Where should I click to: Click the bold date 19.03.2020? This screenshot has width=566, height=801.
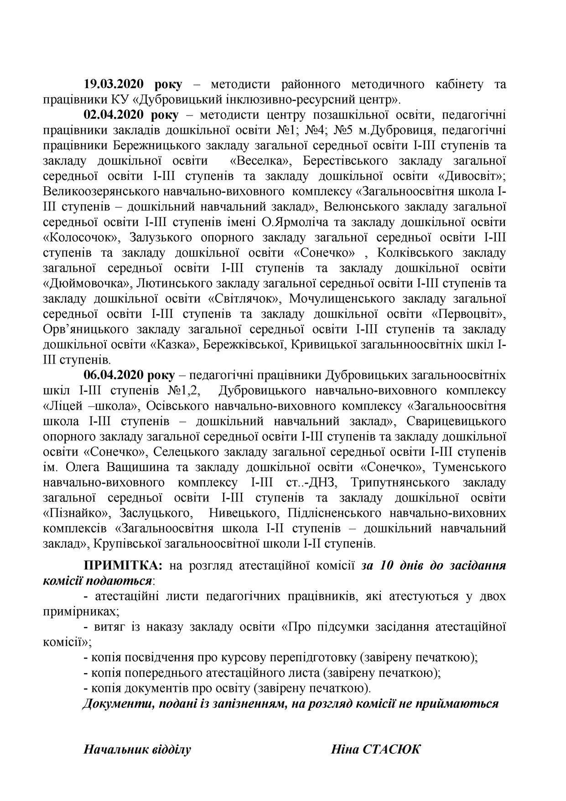(114, 84)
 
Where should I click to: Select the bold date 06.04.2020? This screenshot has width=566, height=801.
(114, 375)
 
